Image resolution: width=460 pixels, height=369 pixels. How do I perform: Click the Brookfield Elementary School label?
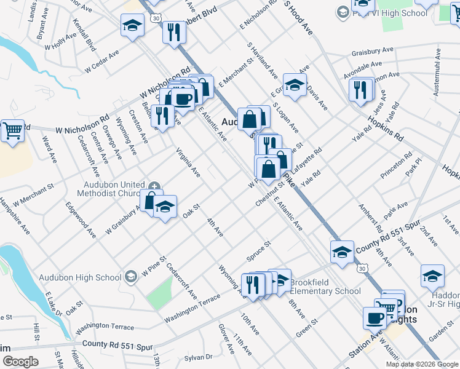pyautogui.click(x=325, y=287)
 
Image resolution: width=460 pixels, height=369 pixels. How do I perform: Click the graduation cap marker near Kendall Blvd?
pyautogui.click(x=132, y=26)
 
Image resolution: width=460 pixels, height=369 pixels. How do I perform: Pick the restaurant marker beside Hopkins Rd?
pyautogui.click(x=360, y=90)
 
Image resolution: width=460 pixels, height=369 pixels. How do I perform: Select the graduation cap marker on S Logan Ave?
pyautogui.click(x=295, y=85)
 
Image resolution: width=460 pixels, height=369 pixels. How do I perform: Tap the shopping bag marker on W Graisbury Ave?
pyautogui.click(x=151, y=199)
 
